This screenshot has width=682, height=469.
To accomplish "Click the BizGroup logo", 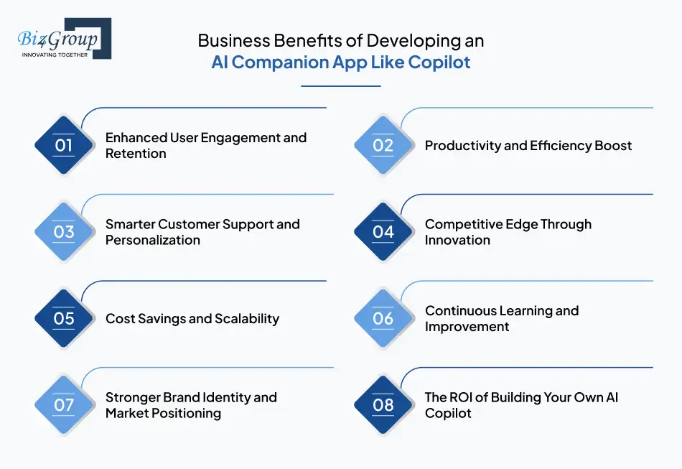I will pyautogui.click(x=63, y=38).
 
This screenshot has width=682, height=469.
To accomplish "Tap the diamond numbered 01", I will pyautogui.click(x=64, y=146).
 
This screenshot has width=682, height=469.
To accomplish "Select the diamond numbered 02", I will pyautogui.click(x=383, y=146).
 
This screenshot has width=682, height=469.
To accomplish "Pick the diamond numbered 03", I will pyautogui.click(x=64, y=232).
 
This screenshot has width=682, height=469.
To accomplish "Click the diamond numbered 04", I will pyautogui.click(x=383, y=232).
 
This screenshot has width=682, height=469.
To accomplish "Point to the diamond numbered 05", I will pyautogui.click(x=64, y=318).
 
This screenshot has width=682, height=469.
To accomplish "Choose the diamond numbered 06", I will pyautogui.click(x=383, y=318).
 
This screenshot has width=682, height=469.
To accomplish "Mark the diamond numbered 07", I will pyautogui.click(x=64, y=405).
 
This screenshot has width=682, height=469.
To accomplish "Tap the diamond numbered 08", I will pyautogui.click(x=383, y=405).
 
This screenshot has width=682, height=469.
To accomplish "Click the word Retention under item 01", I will pyautogui.click(x=136, y=154).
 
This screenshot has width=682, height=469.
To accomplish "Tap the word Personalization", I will pyautogui.click(x=153, y=240).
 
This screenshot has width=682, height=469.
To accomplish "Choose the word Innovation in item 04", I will pyautogui.click(x=457, y=240).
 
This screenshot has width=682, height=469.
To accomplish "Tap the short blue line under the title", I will pyautogui.click(x=340, y=86).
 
